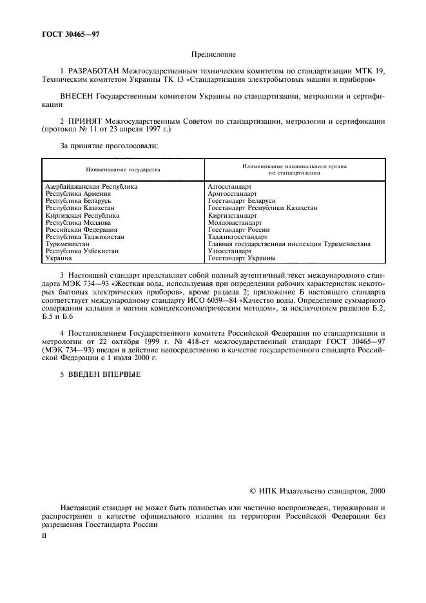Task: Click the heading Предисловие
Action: click(213, 56)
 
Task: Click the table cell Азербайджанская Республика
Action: click(91, 187)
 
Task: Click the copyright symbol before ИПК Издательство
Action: click(253, 491)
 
